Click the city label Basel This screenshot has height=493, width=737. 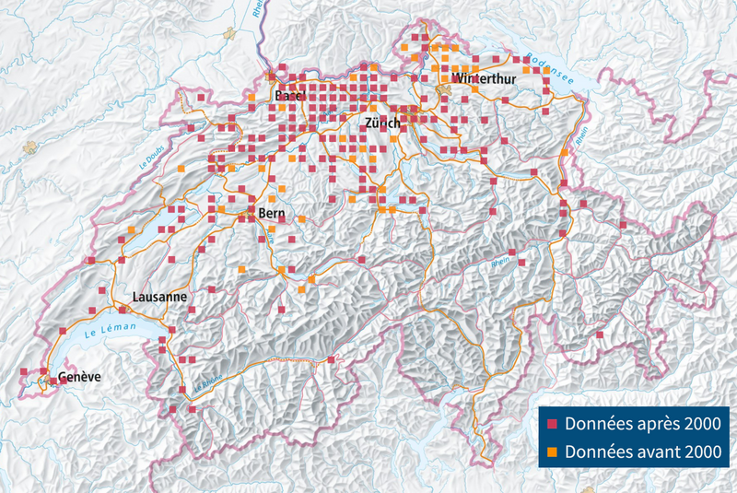point(289,96)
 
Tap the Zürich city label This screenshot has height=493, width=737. point(381,123)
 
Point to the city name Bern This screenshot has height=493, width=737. point(272,214)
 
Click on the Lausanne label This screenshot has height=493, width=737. point(159,297)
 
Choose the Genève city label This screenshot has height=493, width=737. point(78,378)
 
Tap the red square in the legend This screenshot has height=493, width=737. point(553,425)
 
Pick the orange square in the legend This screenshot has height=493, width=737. point(553,452)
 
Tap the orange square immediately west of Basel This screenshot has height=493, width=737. point(250,97)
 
